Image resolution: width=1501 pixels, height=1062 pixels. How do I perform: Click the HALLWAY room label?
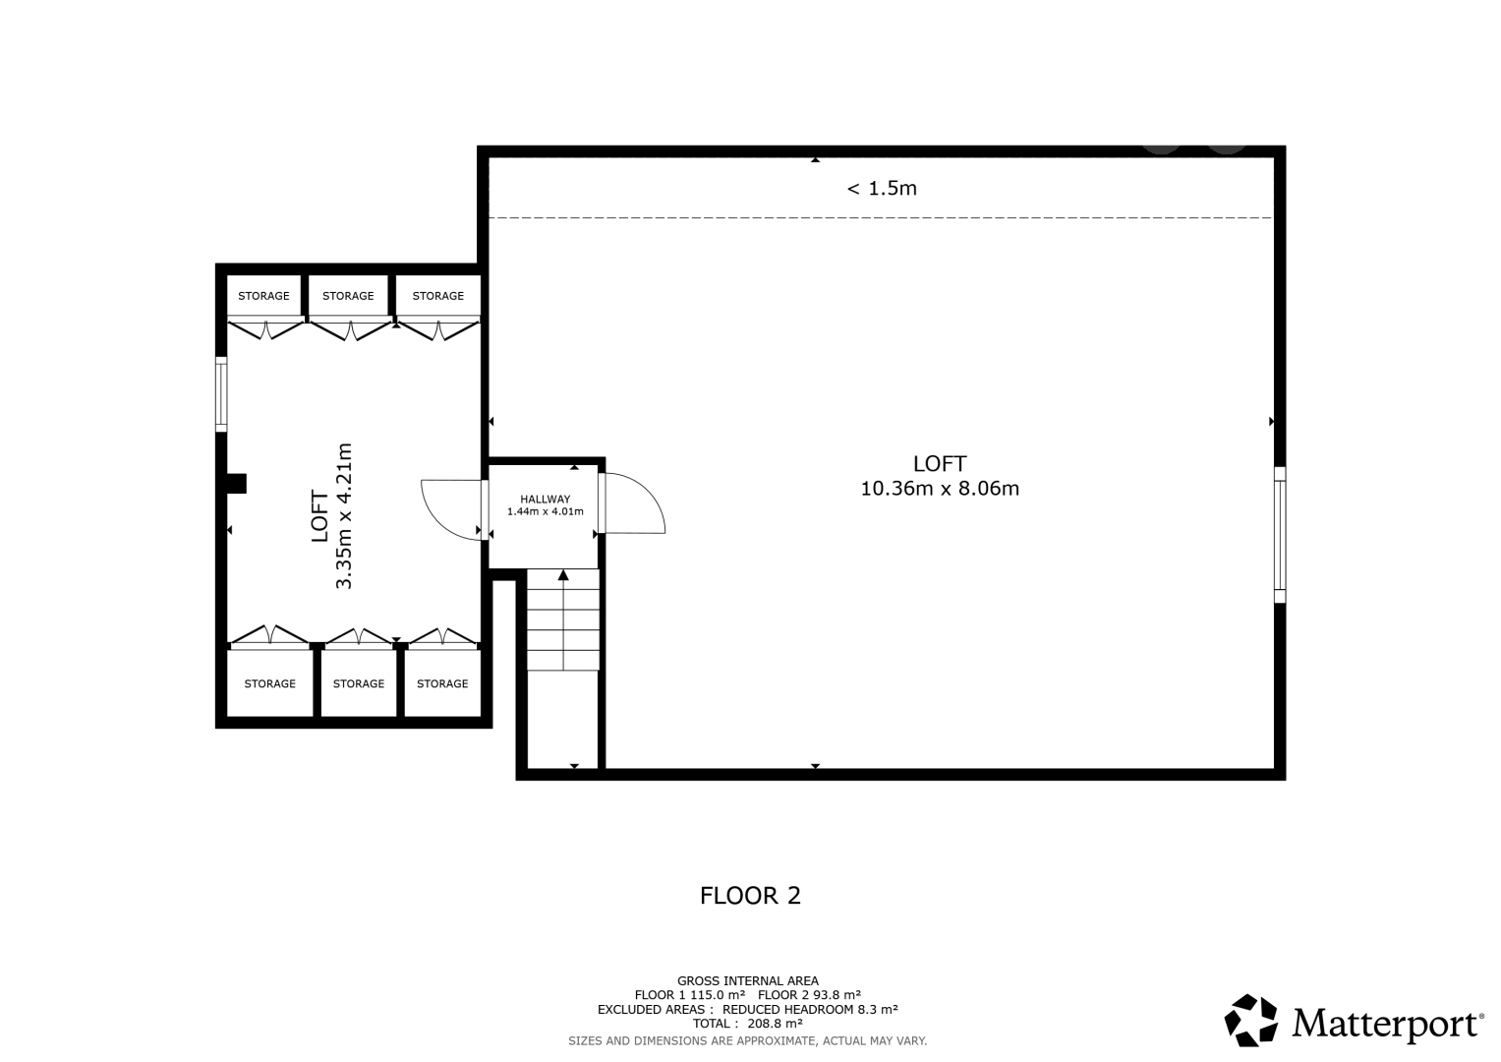click(x=545, y=499)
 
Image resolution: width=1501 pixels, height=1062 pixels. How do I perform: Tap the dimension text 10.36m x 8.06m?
click(x=940, y=488)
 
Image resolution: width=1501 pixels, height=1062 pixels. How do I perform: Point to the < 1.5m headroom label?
click(x=882, y=189)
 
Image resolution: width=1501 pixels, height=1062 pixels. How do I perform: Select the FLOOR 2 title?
click(x=751, y=896)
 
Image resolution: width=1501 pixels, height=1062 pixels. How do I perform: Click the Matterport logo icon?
click(x=1250, y=1021)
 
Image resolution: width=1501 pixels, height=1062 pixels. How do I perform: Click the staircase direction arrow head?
click(x=563, y=575)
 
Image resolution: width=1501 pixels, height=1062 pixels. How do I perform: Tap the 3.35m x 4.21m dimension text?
click(x=344, y=515)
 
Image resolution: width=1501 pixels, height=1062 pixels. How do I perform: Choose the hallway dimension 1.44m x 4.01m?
click(x=545, y=511)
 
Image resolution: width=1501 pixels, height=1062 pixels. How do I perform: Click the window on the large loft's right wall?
click(x=1280, y=535)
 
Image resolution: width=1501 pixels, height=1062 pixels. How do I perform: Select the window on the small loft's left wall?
click(x=221, y=394)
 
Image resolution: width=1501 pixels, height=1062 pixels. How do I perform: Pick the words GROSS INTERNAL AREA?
click(x=748, y=981)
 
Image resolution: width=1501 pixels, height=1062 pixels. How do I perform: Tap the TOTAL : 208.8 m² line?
click(x=748, y=1023)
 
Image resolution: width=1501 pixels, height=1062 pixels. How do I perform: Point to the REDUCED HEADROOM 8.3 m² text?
click(x=810, y=1009)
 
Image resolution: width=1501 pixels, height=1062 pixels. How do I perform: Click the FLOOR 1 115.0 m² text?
click(x=689, y=995)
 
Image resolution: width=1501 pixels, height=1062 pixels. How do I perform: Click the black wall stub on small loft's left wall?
click(x=237, y=484)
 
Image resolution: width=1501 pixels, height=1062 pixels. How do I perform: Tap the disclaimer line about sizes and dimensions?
click(x=748, y=1041)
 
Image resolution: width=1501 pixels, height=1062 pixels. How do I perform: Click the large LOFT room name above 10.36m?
click(x=940, y=464)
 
